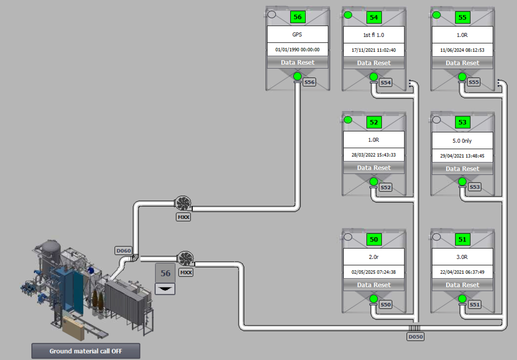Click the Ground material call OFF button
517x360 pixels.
(x=86, y=351)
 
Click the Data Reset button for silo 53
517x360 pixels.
(x=462, y=169)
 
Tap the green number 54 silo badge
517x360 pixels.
(x=374, y=17)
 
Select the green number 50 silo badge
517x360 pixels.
(x=374, y=239)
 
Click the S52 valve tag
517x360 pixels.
(x=385, y=187)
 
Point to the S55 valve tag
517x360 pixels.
(x=474, y=82)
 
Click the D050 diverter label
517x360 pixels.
(x=416, y=337)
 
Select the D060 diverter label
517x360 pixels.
(x=124, y=251)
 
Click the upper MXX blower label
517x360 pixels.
(x=183, y=217)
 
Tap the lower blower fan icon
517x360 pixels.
(x=185, y=259)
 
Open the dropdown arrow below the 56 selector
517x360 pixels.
(x=165, y=289)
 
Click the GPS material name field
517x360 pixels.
(x=298, y=34)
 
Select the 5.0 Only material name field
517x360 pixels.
(x=462, y=141)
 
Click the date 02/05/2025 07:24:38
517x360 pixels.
(x=374, y=272)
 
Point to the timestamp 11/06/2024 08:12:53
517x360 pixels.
(x=462, y=50)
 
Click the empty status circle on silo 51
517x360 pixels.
(x=436, y=237)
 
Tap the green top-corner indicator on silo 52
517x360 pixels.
(x=348, y=120)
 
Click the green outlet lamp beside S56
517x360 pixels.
(x=297, y=76)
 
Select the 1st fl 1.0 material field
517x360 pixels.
(x=374, y=35)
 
